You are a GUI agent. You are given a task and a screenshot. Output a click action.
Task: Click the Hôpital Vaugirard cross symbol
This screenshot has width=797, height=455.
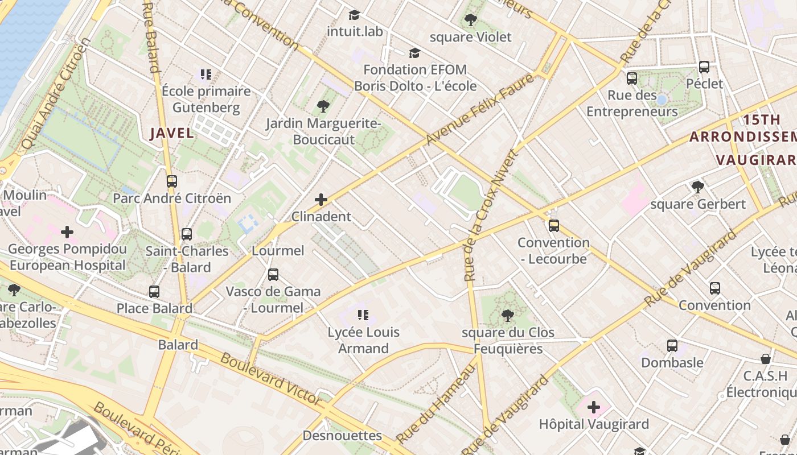tap(594, 407)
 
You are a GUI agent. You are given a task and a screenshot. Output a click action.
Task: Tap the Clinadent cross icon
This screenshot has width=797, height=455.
tap(321, 200)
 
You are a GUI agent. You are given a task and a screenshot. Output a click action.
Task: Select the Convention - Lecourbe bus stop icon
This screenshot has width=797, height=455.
tap(554, 226)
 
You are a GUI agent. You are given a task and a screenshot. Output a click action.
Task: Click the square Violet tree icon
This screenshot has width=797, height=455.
tap(470, 20)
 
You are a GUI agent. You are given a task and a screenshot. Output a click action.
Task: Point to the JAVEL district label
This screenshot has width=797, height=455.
tap(172, 133)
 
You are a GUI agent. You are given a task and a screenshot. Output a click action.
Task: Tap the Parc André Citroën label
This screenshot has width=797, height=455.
tap(172, 198)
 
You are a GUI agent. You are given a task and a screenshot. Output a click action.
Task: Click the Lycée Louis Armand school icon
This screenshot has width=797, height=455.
tap(364, 315)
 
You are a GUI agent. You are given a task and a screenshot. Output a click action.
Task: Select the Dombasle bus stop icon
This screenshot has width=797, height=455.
tap(672, 346)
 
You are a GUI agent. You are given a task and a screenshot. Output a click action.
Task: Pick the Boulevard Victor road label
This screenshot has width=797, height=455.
tap(271, 378)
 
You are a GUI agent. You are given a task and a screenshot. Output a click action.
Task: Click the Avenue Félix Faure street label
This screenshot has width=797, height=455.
tap(481, 110)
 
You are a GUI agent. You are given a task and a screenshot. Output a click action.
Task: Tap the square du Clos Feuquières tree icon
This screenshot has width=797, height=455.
tap(508, 316)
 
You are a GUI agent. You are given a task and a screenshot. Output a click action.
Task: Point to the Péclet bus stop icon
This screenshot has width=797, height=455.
tap(704, 67)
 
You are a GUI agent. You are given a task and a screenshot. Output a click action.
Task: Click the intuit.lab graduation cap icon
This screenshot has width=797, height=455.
tap(355, 15)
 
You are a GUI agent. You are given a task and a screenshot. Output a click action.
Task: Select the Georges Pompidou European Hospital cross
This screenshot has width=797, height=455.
tap(67, 232)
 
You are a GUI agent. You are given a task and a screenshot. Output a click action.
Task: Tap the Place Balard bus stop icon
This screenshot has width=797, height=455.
tap(154, 292)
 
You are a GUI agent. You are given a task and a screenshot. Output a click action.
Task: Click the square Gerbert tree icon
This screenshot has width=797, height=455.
tap(697, 187)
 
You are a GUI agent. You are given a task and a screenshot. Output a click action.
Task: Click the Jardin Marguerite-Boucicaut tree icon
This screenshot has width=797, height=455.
tap(323, 106)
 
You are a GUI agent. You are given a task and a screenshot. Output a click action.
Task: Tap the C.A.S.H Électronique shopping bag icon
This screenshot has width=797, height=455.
tap(766, 359)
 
